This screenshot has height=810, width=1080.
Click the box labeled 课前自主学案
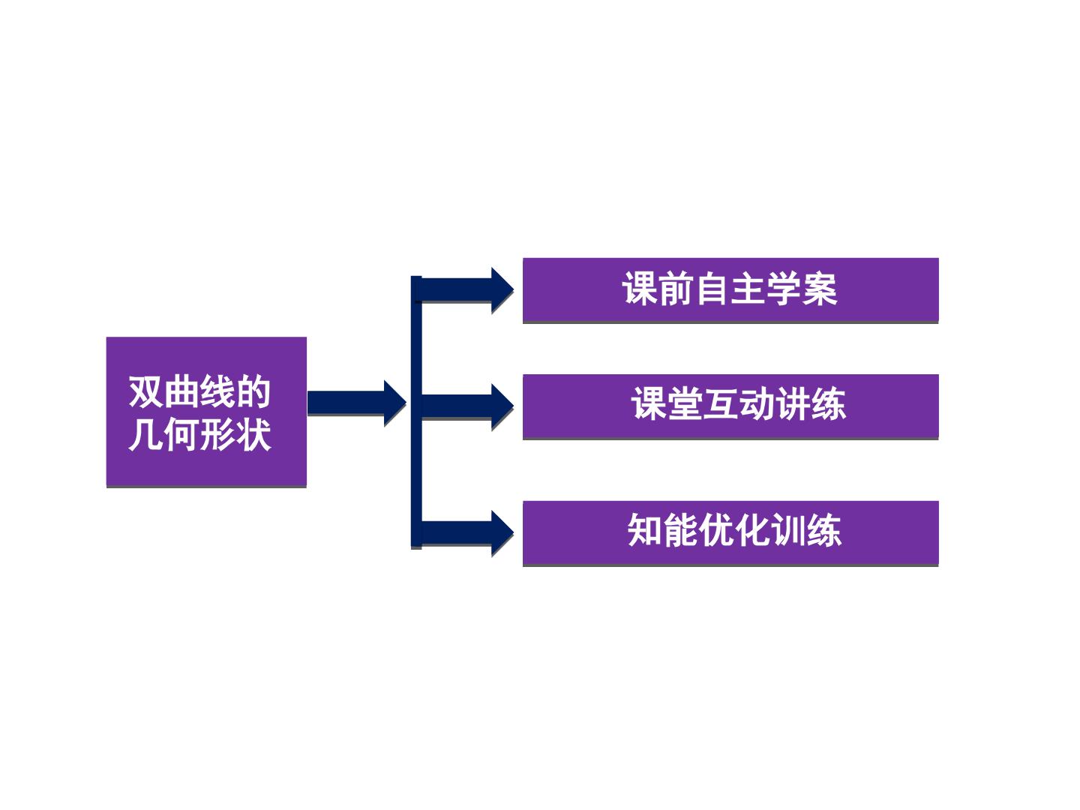click(730, 289)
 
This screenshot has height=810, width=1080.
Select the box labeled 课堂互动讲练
click(730, 406)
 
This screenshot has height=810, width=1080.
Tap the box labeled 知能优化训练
click(730, 532)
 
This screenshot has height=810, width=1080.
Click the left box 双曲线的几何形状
click(206, 412)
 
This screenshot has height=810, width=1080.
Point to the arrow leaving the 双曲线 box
click(357, 403)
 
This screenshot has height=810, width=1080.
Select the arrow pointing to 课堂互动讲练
click(467, 406)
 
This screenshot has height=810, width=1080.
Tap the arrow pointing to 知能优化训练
click(467, 532)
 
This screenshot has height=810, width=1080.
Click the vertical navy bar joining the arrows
click(416, 412)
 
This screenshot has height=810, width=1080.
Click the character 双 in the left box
click(146, 391)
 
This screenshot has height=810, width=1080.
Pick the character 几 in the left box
click(146, 434)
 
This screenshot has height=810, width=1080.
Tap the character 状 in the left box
click(253, 434)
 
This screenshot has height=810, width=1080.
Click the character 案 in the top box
click(820, 289)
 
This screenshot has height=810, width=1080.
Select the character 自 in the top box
click(712, 289)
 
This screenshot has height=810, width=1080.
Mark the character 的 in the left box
click(253, 391)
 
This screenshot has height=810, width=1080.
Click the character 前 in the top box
click(676, 289)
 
